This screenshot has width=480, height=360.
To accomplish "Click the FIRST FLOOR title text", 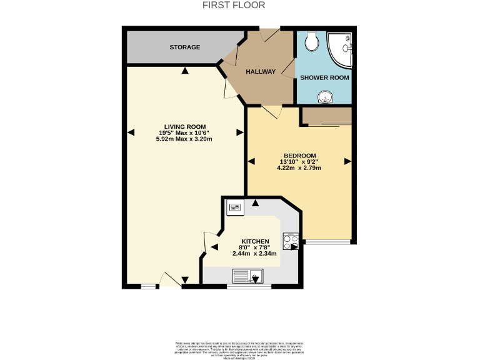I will (234, 5).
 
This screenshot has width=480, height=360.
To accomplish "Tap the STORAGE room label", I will (185, 47).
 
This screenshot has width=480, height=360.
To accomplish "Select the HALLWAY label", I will (261, 72).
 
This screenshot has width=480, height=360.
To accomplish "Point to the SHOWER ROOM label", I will (324, 77).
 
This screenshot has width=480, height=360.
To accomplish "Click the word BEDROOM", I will (300, 156).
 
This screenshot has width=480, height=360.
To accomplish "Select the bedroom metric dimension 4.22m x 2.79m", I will (300, 167).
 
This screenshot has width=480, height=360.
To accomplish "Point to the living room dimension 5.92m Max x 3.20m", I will (184, 139).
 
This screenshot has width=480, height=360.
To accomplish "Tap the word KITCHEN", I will (255, 241).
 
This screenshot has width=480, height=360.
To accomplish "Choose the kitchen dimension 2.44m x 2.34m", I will (255, 254).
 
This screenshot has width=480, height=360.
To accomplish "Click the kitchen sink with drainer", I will (249, 276).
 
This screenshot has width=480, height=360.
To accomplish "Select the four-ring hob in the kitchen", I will (291, 241).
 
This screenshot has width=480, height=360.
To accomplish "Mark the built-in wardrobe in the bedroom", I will (327, 116).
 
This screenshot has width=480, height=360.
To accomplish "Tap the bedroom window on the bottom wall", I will (327, 241).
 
